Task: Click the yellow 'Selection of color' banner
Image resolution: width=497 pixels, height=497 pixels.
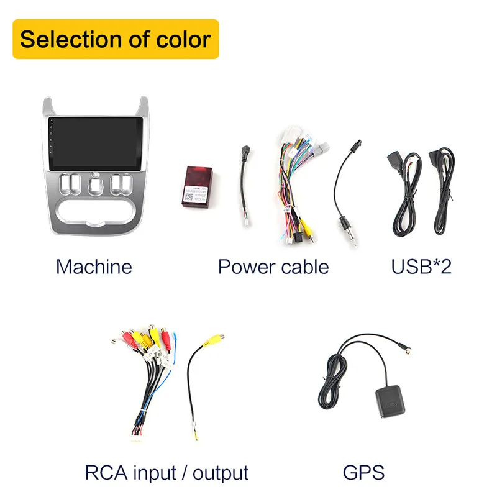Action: pos(116,39)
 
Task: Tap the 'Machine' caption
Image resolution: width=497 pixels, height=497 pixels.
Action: pos(94,267)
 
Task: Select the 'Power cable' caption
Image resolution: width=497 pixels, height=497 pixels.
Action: pos(273,267)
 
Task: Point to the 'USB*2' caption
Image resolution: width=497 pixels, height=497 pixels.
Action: pos(421,267)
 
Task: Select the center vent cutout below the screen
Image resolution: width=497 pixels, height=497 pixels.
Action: pos(94,186)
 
